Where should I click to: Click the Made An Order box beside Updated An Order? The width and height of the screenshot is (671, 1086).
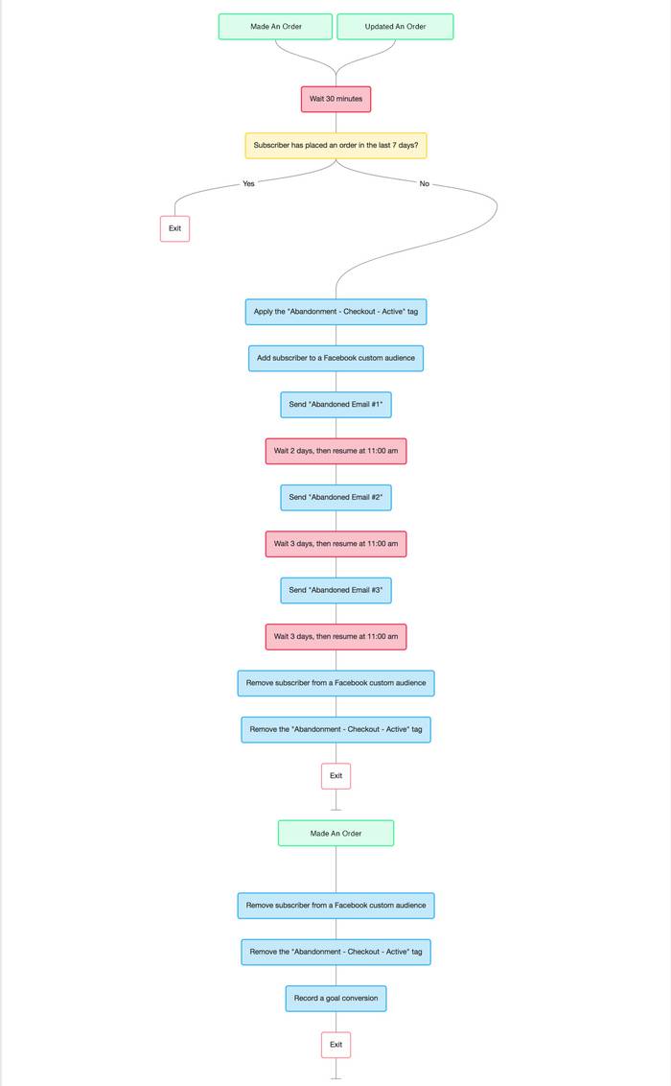coord(275,27)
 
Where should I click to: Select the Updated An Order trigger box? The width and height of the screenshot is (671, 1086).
coord(395,27)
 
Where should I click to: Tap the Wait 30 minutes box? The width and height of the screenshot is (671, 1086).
coord(335,99)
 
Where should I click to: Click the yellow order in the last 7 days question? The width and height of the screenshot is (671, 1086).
coord(335,146)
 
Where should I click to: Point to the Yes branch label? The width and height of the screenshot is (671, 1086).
coord(248,183)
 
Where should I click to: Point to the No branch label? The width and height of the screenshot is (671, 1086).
coord(424,183)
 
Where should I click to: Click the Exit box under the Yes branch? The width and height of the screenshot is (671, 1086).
coord(174,228)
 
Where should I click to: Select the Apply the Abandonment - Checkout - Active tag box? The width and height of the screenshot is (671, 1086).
coord(335,312)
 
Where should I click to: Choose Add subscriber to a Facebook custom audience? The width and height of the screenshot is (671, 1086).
coord(335,358)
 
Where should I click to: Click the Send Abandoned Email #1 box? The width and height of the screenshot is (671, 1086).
coord(335,405)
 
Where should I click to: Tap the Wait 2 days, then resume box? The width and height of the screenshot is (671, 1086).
coord(335,451)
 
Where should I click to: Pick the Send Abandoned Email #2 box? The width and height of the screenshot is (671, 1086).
coord(335,497)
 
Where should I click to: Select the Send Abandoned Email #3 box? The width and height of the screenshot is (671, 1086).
coord(335,590)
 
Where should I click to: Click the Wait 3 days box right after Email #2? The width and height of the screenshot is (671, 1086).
coord(335,544)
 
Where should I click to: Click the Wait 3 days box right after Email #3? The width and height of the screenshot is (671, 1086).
coord(335,636)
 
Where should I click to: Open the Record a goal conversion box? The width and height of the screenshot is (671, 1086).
coord(335,998)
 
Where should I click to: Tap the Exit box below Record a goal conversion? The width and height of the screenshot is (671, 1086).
coord(335,1045)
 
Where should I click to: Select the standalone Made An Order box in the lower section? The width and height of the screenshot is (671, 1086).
coord(335,834)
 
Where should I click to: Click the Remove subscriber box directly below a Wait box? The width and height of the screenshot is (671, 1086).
coord(335,683)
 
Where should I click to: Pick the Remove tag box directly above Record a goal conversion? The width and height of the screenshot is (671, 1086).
coord(335,952)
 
